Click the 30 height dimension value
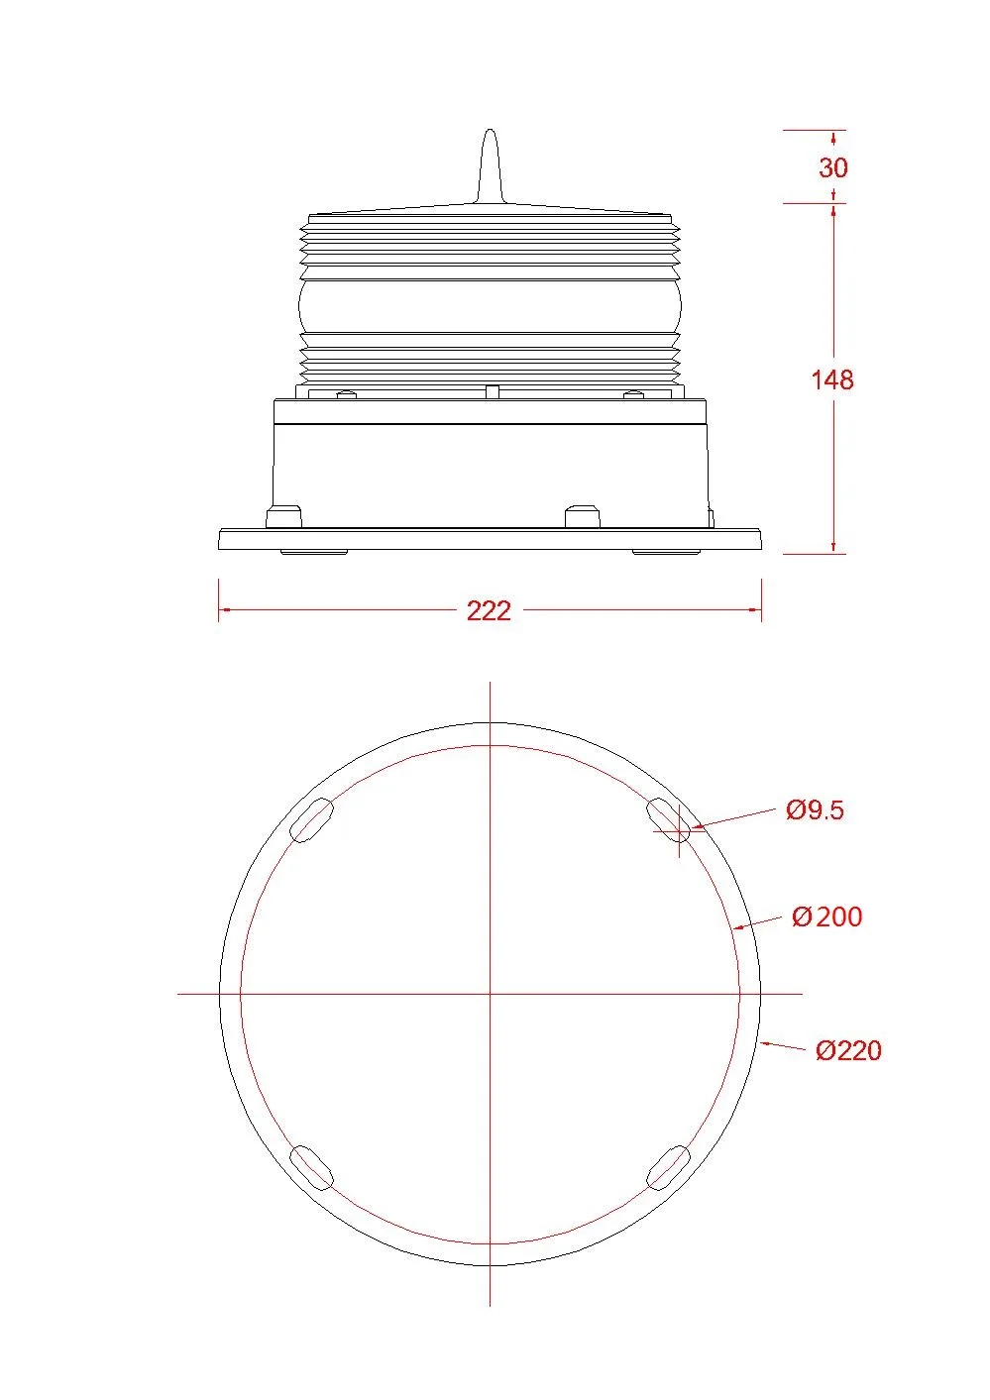point(833,167)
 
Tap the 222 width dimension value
point(489,610)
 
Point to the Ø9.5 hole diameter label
point(815,810)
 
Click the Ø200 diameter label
point(827,916)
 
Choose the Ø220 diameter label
point(848,1050)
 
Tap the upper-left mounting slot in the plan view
point(312,820)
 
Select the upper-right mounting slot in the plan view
point(669,820)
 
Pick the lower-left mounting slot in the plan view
point(311,1166)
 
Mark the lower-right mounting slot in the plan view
point(668,1166)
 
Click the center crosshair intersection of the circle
point(491,993)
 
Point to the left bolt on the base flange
point(284,517)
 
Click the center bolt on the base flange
point(582,517)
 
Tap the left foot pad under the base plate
point(314,551)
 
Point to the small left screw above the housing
point(345,395)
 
